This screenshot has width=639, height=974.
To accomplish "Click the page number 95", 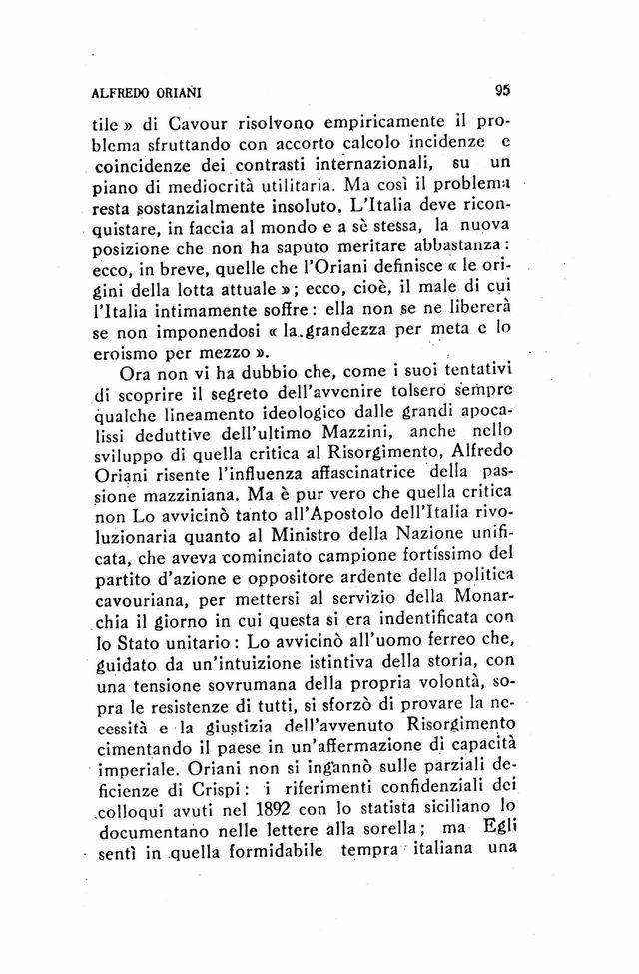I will (501, 89).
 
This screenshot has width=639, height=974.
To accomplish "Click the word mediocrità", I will (238, 186).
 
